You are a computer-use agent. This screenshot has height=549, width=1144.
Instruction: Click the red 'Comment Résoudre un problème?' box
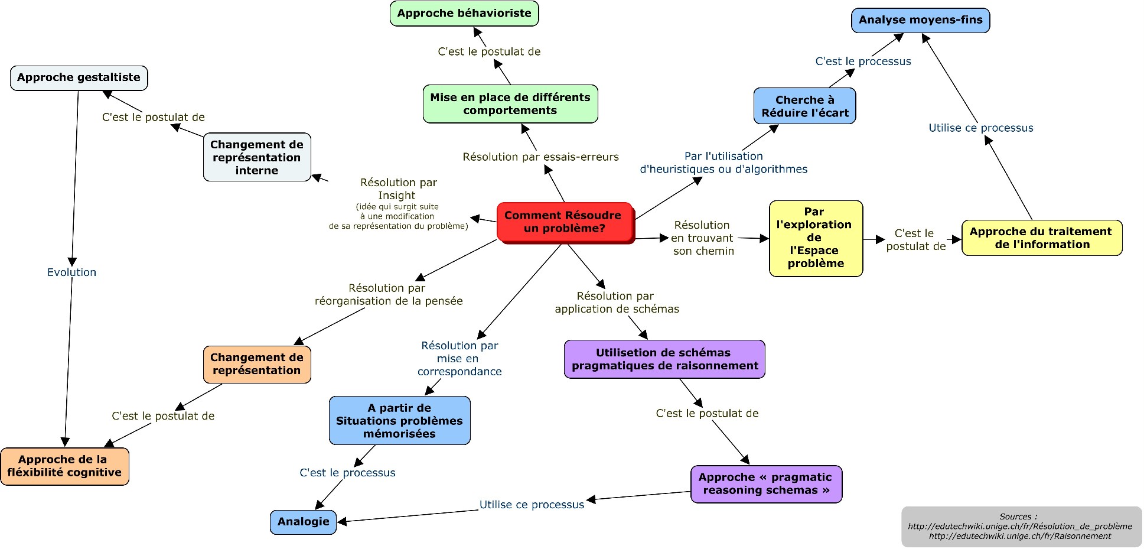pos(565,222)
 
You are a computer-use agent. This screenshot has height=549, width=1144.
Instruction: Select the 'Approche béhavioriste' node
pos(464,14)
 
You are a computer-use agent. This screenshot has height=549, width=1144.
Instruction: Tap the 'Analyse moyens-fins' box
pos(920,20)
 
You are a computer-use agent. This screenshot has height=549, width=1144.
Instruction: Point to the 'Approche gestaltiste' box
pos(79,77)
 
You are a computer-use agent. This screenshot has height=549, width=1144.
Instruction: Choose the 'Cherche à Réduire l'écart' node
pos(804,106)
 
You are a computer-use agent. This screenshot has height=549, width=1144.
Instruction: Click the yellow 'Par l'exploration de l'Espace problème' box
pos(816,238)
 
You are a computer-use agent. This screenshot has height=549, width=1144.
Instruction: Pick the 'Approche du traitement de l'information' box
pos(1041,238)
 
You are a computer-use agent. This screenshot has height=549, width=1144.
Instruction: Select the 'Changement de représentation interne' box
pos(257,157)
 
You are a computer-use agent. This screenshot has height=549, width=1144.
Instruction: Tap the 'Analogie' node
pos(303,522)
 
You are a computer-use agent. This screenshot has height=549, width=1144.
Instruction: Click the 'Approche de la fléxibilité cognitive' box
pos(64,466)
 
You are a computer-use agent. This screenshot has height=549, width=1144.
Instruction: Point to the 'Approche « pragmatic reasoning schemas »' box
pos(765,484)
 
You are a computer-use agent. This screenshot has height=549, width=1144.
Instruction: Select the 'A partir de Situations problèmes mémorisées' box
pos(399,421)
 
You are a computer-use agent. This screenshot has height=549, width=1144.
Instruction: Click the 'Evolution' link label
pos(71,272)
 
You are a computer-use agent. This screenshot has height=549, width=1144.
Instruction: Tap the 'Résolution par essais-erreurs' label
pos(540,157)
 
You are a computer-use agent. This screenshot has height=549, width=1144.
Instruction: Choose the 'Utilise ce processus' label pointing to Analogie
pos(532,505)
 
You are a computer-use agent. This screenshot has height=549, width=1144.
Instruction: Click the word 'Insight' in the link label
pos(397,196)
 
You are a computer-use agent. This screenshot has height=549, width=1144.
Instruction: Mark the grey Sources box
pos(1021,527)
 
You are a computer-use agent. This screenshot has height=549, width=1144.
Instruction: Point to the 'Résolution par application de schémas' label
pos(617,303)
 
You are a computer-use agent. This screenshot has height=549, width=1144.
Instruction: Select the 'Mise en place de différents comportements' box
pos(510,104)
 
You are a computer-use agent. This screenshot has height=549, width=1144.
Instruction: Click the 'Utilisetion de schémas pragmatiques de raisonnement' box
pos(664,359)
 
